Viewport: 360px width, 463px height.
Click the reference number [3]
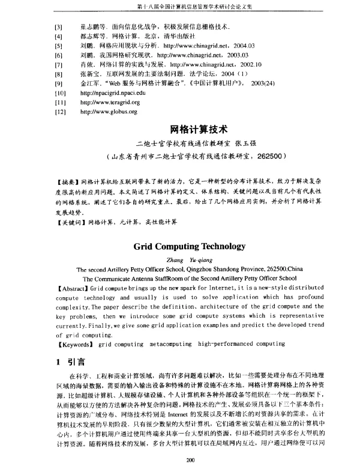tap(58, 28)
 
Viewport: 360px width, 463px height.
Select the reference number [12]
tap(59, 112)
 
